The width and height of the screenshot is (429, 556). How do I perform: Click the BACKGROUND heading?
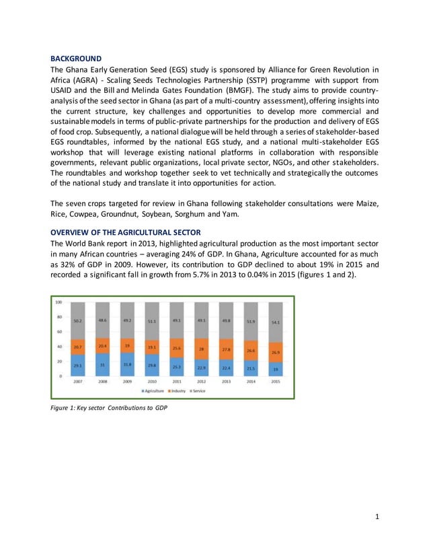point(77,59)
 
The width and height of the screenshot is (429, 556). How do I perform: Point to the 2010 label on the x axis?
point(152,381)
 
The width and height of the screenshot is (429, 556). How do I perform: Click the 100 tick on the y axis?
point(59,302)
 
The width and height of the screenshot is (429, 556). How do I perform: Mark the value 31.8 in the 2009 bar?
point(127,365)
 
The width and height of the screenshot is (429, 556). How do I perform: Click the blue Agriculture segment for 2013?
point(226,368)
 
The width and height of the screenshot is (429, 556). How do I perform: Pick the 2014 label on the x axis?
point(251,381)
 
